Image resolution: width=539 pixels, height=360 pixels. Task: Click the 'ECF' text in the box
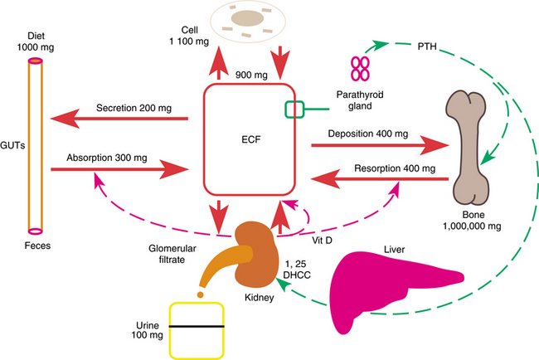(x=251, y=139)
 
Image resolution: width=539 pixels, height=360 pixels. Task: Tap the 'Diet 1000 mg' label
(x=35, y=45)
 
